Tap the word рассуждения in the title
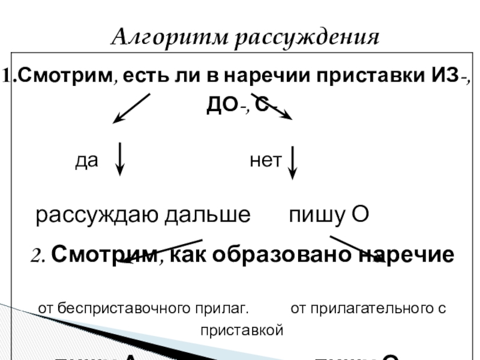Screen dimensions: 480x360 click(307, 38)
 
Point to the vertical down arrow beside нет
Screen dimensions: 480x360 click(292, 162)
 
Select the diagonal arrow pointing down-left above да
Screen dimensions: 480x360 click(131, 109)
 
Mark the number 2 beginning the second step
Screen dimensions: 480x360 click(37, 256)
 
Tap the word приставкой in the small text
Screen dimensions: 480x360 click(241, 329)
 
